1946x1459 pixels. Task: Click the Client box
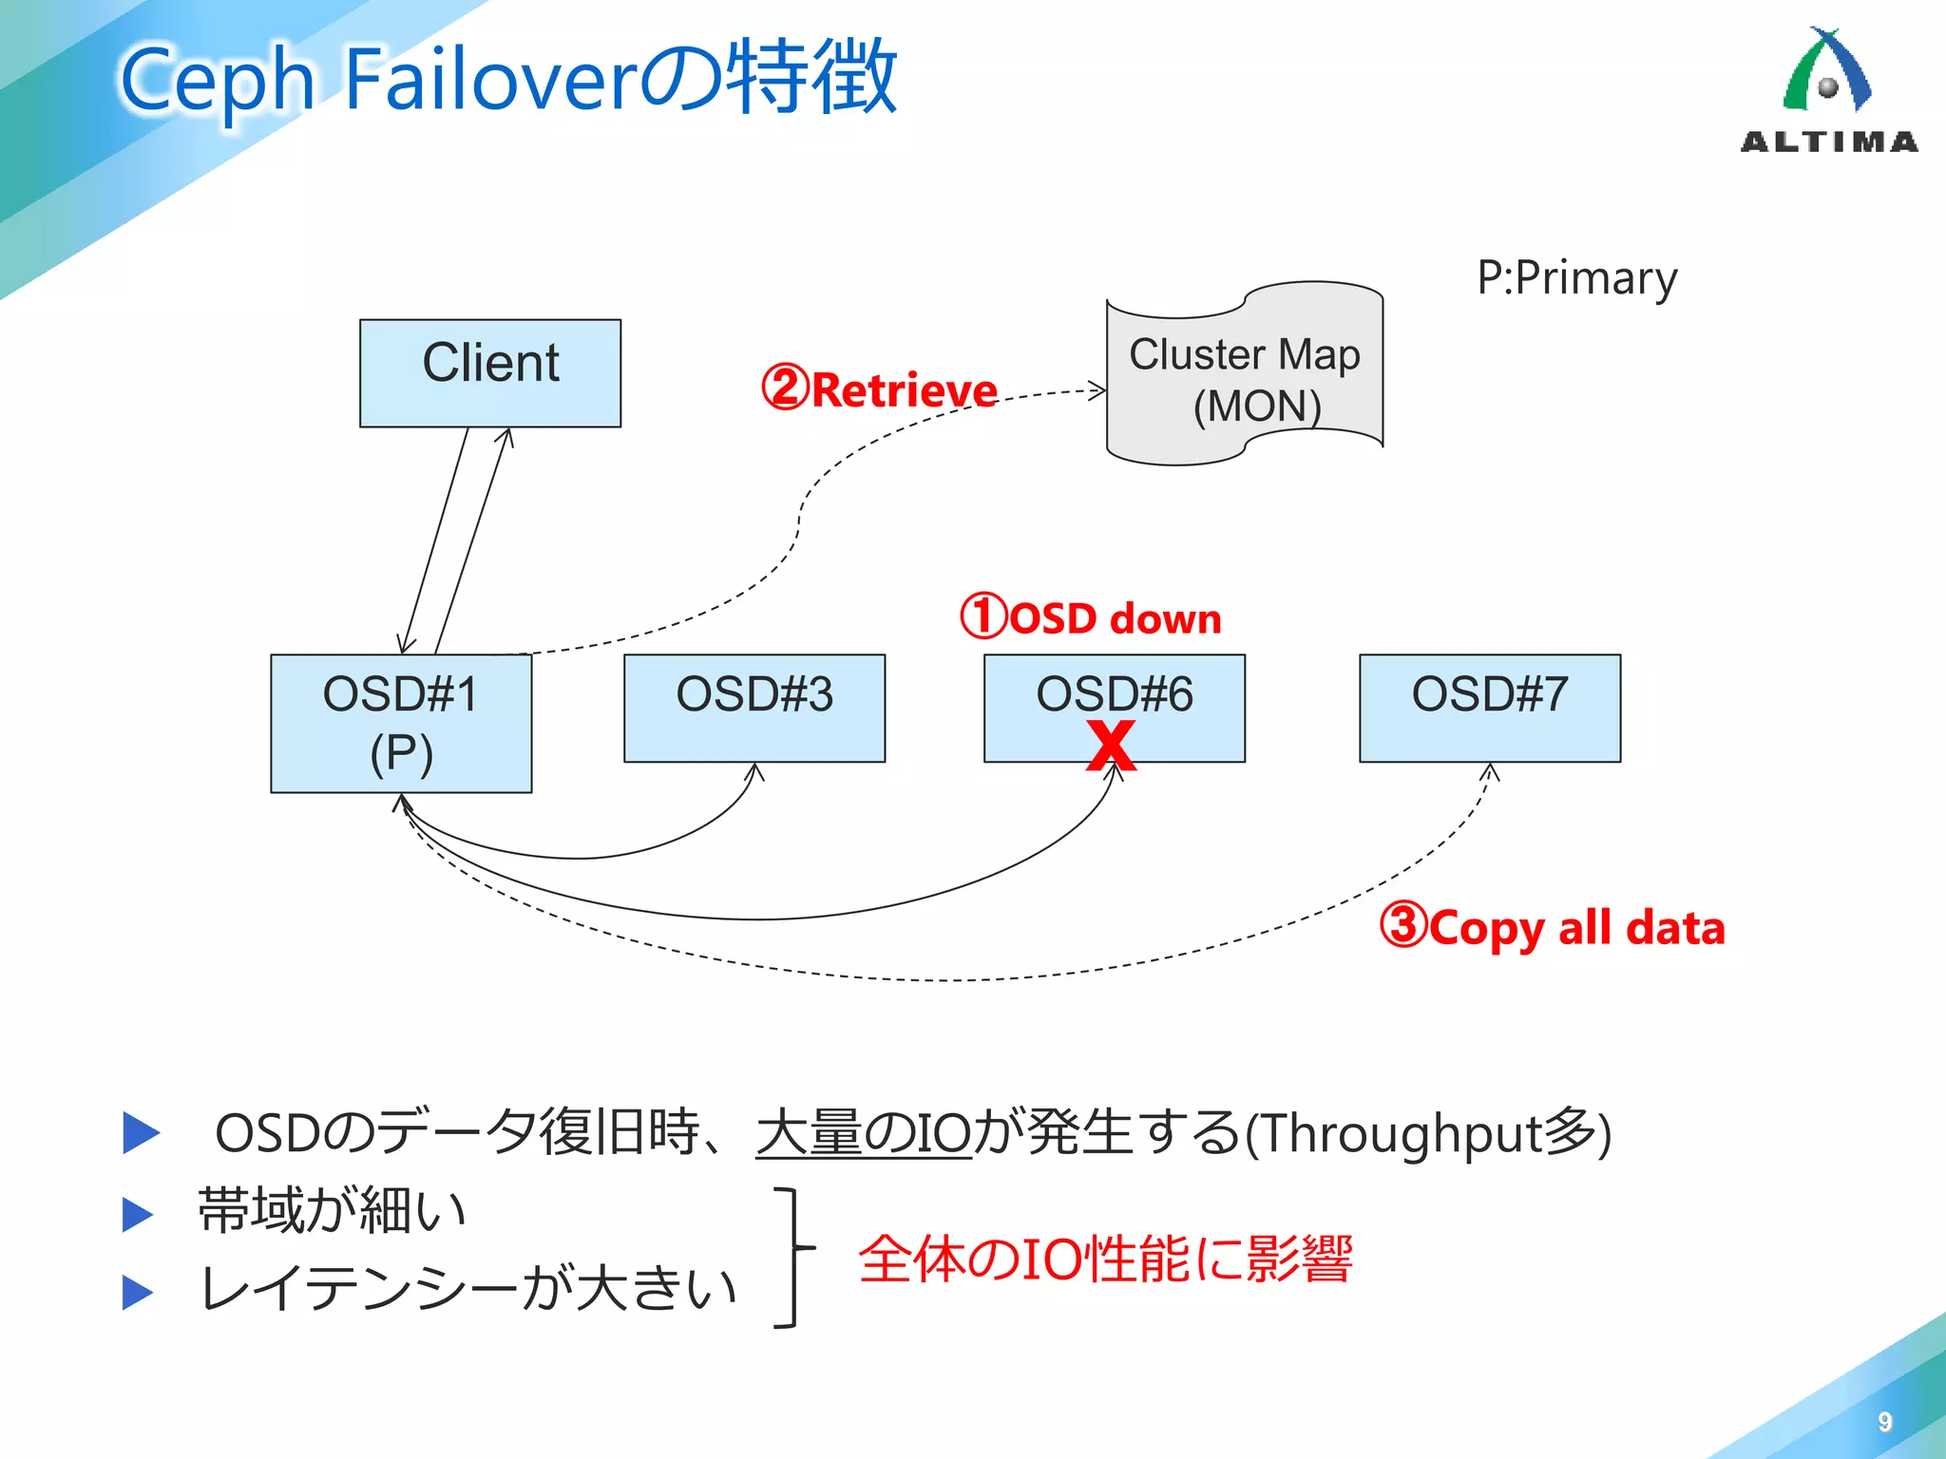tap(490, 372)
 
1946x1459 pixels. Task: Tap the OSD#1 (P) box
tap(401, 723)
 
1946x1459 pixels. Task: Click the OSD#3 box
tap(754, 708)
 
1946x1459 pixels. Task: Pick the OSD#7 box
tap(1489, 708)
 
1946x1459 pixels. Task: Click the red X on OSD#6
tap(1111, 745)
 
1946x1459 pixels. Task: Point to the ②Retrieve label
tap(880, 389)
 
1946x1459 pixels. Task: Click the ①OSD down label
tap(1091, 617)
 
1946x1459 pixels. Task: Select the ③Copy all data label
tap(1552, 926)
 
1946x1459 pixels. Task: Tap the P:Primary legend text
tap(1576, 278)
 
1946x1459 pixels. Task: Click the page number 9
tap(1885, 1421)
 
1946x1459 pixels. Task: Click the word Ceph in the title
tap(218, 80)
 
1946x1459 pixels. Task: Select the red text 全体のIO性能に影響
tap(1105, 1260)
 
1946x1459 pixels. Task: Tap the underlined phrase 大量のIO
tap(863, 1133)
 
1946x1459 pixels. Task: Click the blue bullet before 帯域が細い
tap(139, 1214)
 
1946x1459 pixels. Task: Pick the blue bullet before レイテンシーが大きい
tap(139, 1292)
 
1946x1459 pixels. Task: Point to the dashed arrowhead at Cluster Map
tap(1098, 389)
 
